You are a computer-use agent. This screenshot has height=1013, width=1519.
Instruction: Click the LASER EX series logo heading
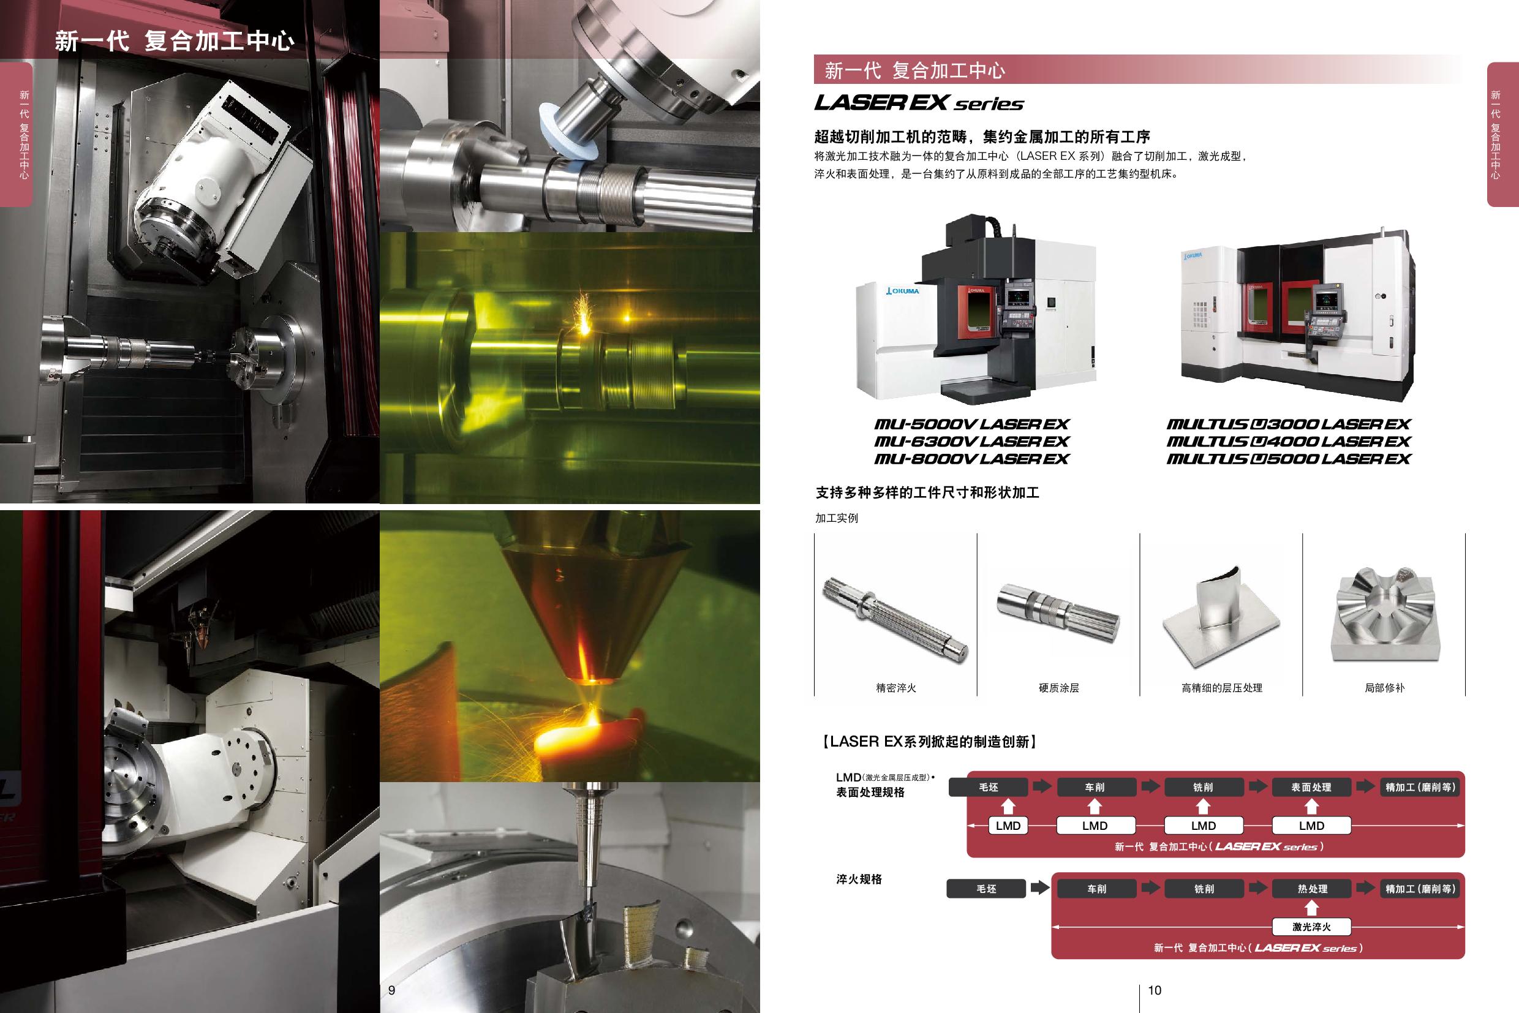click(919, 103)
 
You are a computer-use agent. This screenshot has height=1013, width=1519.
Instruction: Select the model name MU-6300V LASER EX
click(971, 441)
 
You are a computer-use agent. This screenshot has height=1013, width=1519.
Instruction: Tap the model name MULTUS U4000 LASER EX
click(1288, 441)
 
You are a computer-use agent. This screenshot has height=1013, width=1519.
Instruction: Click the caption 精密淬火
click(895, 688)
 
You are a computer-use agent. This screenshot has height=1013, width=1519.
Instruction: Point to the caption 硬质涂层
click(1058, 688)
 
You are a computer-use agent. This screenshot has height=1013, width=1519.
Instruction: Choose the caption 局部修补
click(1384, 688)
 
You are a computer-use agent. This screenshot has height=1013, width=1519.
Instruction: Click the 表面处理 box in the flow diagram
click(1311, 787)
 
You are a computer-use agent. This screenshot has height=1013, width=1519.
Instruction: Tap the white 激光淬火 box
click(1311, 927)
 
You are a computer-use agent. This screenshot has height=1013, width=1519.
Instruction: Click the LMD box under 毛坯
click(1008, 826)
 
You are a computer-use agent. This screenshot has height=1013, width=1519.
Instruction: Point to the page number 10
click(1155, 990)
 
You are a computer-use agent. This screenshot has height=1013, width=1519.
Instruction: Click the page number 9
click(391, 990)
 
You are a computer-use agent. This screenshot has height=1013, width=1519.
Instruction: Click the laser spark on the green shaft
click(585, 317)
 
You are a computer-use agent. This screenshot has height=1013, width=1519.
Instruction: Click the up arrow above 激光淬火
click(1311, 908)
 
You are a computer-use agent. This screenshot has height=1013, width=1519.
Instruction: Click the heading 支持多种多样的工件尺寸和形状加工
click(927, 493)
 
